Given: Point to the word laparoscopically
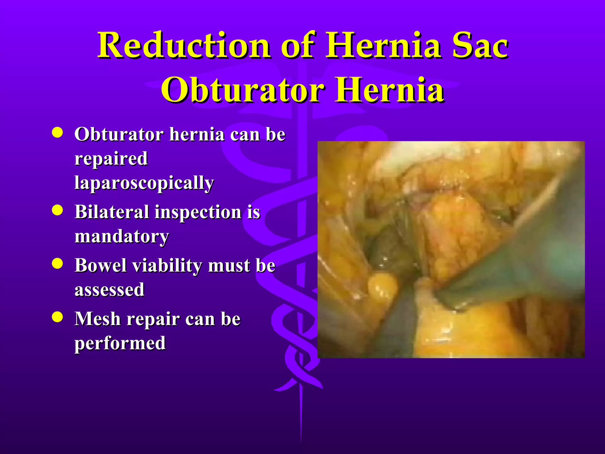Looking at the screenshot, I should [144, 183].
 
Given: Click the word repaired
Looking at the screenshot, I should [111, 159].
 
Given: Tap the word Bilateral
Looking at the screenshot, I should [112, 212].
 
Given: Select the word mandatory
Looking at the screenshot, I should [121, 237].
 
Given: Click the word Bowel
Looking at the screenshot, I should [101, 265].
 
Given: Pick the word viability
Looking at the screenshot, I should [167, 266].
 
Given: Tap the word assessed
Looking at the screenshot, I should [109, 290].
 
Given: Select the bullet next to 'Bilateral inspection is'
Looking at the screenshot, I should [57, 210].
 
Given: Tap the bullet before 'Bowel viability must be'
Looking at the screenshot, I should [57, 263].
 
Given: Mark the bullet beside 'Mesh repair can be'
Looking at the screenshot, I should [57, 317].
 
